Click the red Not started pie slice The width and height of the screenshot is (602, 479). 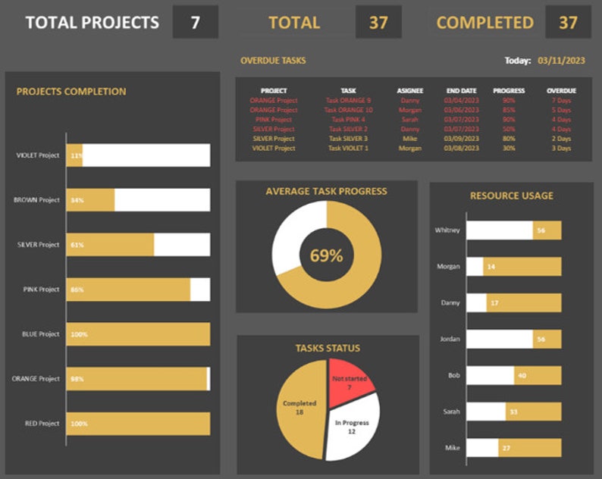349,381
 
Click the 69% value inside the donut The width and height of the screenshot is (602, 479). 326,255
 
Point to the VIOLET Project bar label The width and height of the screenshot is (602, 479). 38,155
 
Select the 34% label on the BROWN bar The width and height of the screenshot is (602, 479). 77,200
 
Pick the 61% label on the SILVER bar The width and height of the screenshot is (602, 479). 77,245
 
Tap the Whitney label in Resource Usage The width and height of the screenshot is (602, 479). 447,230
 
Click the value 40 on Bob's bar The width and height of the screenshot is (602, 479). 522,375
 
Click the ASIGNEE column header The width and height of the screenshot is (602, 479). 410,90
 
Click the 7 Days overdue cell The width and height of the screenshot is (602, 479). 561,100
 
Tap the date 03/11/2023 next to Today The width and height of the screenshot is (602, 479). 563,60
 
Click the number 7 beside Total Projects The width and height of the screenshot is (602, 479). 196,22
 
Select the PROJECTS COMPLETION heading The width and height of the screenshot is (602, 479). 71,92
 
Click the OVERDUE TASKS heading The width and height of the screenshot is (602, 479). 273,60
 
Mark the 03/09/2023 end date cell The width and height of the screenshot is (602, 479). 461,139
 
